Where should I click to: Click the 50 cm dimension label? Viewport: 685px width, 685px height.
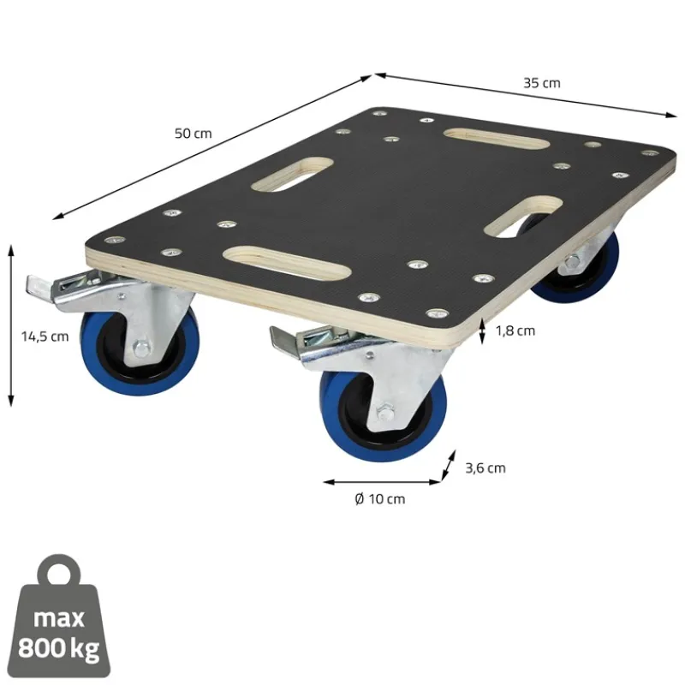click(193, 134)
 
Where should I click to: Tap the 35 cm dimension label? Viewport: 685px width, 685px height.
click(541, 83)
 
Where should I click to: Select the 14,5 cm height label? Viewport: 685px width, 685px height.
click(45, 337)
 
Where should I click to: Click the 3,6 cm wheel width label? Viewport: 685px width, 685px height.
click(485, 468)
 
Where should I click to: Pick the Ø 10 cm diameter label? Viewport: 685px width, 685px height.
click(379, 499)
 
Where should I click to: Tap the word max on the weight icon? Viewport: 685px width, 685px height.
click(59, 618)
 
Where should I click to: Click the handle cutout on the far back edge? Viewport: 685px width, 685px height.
click(482, 138)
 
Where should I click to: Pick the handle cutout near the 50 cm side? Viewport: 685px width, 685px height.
click(295, 172)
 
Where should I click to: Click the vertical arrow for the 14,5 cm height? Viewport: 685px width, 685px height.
click(11, 325)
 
